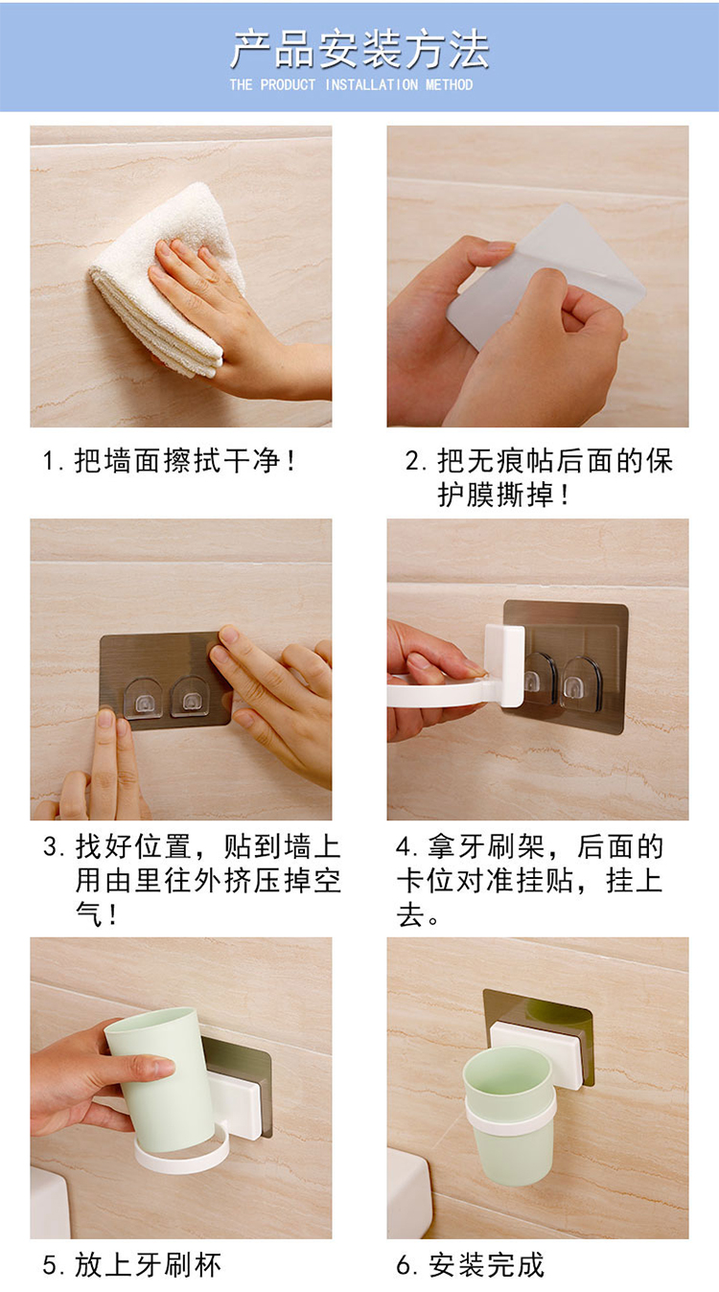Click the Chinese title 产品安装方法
(x=359, y=50)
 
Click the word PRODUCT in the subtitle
(x=288, y=84)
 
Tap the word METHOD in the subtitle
(x=449, y=84)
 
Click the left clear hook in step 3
(x=143, y=699)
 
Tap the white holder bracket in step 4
(x=462, y=675)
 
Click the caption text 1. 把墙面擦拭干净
(x=169, y=461)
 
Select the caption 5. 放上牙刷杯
(x=131, y=1265)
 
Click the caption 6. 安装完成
(x=470, y=1265)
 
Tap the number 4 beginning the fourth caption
(x=404, y=846)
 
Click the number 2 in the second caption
(x=412, y=461)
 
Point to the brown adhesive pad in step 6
(x=539, y=1020)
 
